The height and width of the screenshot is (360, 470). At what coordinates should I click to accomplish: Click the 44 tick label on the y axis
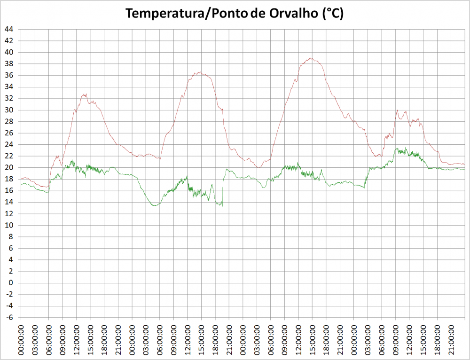point(9,29)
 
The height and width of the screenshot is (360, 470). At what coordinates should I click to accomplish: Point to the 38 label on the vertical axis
point(9,64)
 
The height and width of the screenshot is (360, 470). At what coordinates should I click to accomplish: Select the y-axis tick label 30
point(9,110)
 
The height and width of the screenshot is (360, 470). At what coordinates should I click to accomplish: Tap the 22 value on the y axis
point(9,156)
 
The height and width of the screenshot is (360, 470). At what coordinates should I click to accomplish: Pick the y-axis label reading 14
point(9,202)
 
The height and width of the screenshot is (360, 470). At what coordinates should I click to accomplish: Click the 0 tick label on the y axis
point(11,282)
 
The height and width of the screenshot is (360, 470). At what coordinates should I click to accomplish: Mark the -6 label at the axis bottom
point(9,317)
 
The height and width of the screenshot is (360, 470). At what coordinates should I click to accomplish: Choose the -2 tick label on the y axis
point(9,294)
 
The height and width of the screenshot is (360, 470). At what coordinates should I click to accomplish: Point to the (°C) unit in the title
point(332,14)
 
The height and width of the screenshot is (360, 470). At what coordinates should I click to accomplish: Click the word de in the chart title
point(259,14)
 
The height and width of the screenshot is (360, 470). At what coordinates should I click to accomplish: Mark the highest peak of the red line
point(311,58)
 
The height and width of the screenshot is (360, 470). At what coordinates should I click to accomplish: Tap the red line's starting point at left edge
point(21,179)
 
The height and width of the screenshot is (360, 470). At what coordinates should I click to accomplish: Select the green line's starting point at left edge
point(21,184)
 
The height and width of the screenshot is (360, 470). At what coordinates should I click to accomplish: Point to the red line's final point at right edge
point(464,164)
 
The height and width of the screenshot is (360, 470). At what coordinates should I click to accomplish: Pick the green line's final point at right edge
point(464,169)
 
